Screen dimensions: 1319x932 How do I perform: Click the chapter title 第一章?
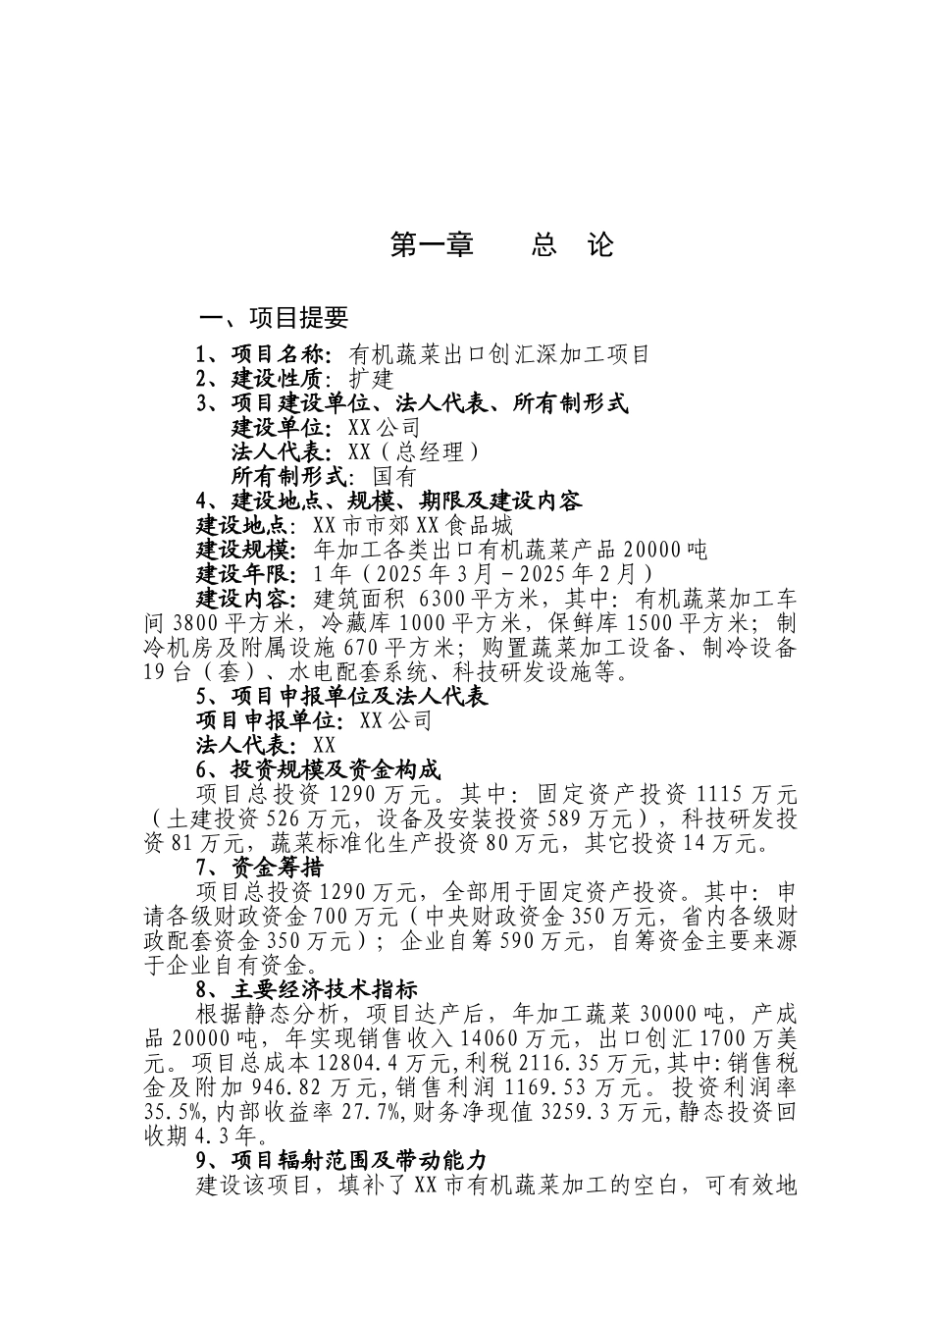pyautogui.click(x=432, y=245)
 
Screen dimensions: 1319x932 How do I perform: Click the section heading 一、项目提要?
pyautogui.click(x=274, y=318)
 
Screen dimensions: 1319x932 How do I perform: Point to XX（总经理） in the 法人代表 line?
pyautogui.click(x=413, y=452)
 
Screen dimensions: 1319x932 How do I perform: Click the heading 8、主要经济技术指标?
pyautogui.click(x=306, y=990)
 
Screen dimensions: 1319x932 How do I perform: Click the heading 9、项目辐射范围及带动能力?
pyautogui.click(x=341, y=1161)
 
